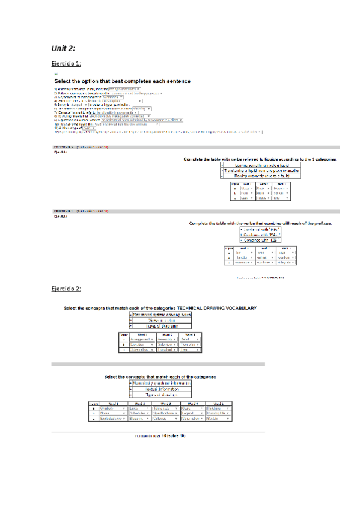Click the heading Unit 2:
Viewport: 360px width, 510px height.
point(63,48)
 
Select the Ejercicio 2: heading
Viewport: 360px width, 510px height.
point(66,289)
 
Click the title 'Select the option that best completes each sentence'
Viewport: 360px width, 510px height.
point(123,81)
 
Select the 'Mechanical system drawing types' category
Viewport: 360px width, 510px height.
point(162,315)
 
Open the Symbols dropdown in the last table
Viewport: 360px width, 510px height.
point(107,407)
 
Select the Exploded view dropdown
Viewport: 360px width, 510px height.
point(107,418)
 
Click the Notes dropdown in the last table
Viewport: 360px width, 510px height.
point(107,413)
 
